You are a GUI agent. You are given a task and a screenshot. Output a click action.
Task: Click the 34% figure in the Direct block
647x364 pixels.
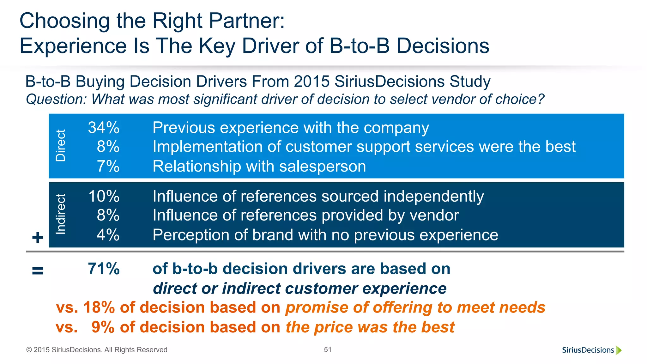coord(104,128)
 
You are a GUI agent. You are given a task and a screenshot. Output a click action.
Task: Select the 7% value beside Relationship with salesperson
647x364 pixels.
coord(108,166)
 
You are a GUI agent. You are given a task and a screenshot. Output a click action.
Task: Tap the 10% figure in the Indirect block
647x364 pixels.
coord(104,196)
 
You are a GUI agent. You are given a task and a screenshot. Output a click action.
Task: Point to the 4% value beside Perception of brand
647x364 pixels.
coord(108,235)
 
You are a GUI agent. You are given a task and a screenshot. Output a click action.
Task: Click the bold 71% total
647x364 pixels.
coord(104,269)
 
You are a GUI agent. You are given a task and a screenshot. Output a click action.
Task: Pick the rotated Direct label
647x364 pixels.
coord(60,146)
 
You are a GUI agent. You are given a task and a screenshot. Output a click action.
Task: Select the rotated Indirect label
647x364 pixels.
coord(60,214)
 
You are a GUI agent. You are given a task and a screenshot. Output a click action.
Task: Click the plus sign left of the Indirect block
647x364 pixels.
coord(38,237)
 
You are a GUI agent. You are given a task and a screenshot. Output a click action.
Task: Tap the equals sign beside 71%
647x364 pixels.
coord(38,270)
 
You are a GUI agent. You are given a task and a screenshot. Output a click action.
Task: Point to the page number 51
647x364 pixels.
coord(328,349)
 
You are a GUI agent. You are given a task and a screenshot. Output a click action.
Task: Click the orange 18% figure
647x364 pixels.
coord(99,307)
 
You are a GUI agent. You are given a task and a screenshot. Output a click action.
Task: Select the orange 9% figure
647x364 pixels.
coord(103,327)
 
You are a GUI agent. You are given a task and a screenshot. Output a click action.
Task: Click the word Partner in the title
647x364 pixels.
coord(246,21)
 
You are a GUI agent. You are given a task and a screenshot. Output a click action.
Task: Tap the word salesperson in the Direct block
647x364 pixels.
coord(323,166)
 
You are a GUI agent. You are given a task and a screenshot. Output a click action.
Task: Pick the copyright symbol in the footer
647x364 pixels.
coord(29,350)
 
